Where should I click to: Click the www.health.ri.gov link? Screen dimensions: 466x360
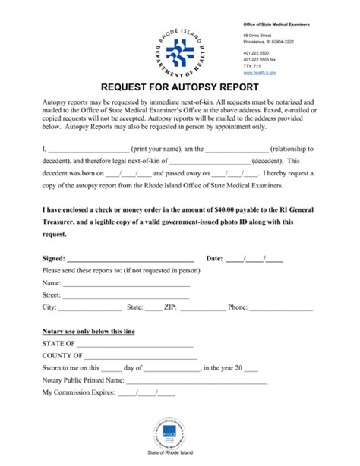(x=259, y=72)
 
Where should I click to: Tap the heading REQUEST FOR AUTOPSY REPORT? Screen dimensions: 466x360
(x=179, y=88)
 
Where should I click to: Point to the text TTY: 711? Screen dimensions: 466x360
(x=251, y=66)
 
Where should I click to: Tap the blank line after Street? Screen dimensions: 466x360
(x=127, y=295)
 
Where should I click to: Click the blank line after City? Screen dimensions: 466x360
(x=90, y=308)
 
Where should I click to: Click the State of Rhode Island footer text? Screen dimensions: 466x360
(x=180, y=452)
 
